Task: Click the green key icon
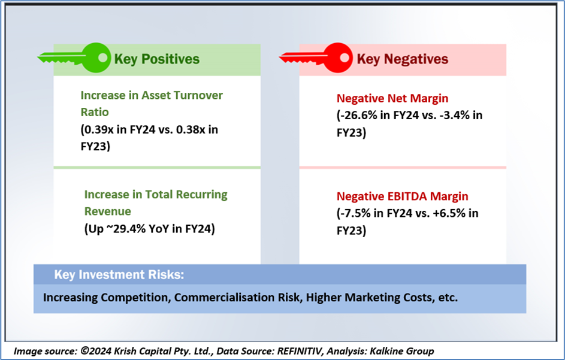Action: (74, 58)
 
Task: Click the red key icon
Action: (316, 58)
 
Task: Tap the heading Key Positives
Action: (157, 59)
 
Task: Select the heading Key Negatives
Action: (403, 59)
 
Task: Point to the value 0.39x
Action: (98, 129)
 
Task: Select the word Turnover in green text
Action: (198, 95)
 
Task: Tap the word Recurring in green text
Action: (202, 195)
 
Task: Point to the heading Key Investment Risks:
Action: (119, 274)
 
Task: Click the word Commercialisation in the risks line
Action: (238, 298)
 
